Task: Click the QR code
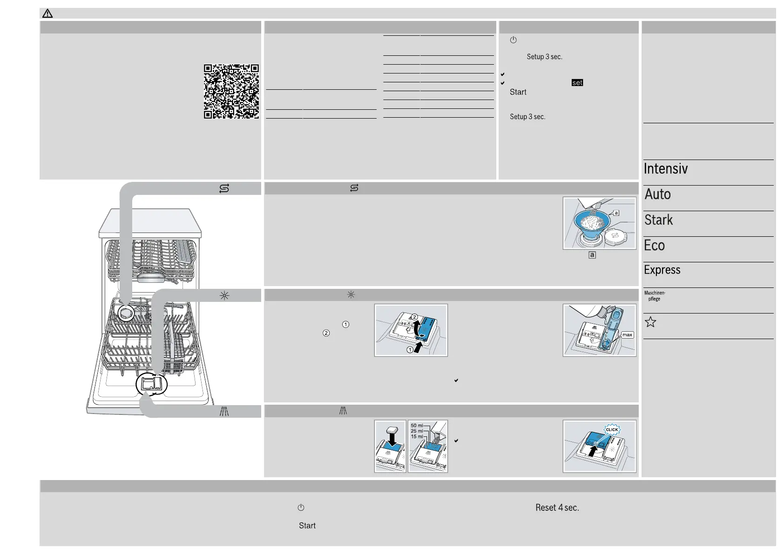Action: tap(231, 91)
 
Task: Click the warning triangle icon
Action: tap(47, 13)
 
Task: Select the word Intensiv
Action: tap(665, 168)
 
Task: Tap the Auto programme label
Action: tap(657, 194)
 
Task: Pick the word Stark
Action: tap(658, 220)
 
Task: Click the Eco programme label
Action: tap(654, 245)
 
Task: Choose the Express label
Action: tap(662, 270)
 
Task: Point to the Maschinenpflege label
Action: tap(655, 296)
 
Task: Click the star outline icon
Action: tap(650, 322)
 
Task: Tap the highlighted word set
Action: tap(577, 83)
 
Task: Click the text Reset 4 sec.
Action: tap(557, 507)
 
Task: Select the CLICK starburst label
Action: tap(612, 429)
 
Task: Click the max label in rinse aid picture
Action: tap(627, 335)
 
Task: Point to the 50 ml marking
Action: tap(417, 426)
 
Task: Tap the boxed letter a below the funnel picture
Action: tap(592, 255)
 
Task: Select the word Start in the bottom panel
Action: tap(307, 526)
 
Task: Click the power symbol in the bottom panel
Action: tap(301, 507)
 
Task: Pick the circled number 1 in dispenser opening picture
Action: tap(410, 350)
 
